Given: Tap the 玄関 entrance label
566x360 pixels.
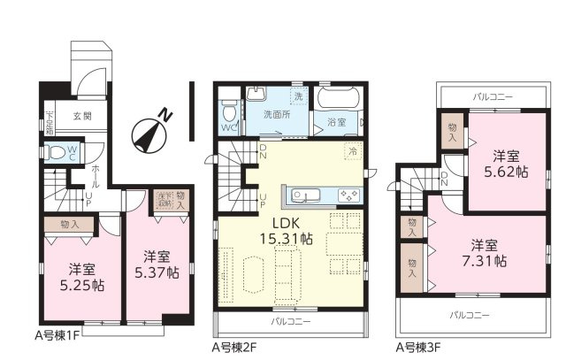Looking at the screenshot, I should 82,116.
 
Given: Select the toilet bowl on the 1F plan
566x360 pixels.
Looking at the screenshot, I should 59,150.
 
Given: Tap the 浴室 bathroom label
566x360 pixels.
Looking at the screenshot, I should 336,122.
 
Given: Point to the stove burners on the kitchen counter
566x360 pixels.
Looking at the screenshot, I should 347,195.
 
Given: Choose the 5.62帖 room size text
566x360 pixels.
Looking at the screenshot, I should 511,165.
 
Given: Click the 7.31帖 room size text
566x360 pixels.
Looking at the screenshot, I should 488,252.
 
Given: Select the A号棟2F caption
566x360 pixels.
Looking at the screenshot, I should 235,348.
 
